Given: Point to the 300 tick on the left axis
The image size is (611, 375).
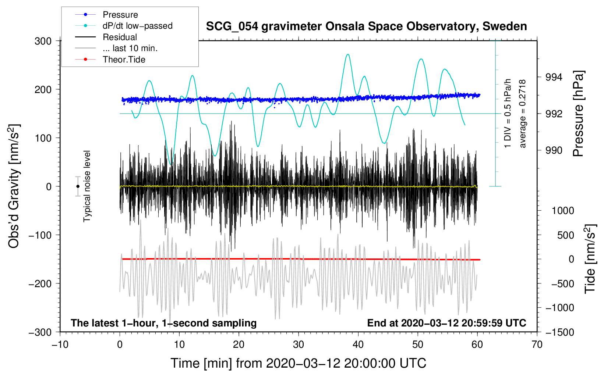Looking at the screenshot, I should coord(43,41).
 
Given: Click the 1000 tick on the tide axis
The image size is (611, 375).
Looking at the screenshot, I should coord(562,211).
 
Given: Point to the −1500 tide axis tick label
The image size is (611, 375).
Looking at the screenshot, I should coord(559,332).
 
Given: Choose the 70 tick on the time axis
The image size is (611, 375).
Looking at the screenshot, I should coord(537,344).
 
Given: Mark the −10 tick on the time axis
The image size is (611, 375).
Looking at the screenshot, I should coord(60,344).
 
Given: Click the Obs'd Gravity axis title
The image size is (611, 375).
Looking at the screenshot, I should coord(14,186).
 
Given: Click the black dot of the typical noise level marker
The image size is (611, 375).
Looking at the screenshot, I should coord(78,186).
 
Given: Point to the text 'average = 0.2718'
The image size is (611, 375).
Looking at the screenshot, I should coord(523,114).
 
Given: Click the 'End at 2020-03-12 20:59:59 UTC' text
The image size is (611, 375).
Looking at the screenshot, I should coord(446,323).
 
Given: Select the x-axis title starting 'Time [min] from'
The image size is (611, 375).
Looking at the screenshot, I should coord(298,363).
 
